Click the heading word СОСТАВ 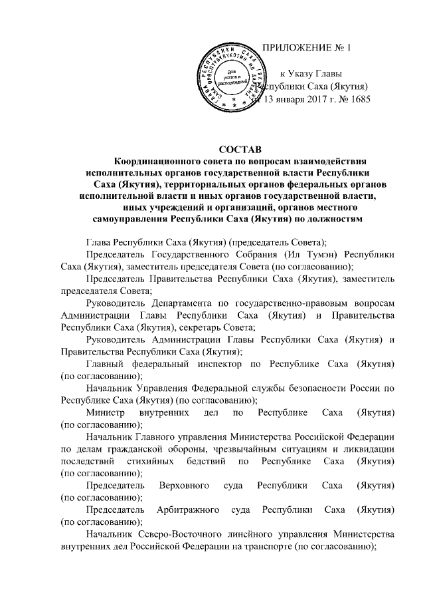(x=240, y=148)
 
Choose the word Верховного (x=185, y=484)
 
